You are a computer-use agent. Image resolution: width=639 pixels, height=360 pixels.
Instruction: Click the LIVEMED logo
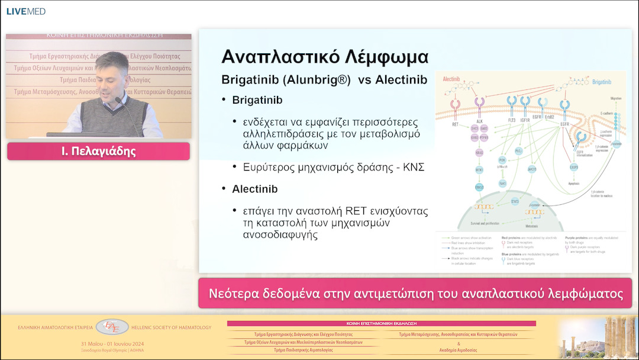coord(26,11)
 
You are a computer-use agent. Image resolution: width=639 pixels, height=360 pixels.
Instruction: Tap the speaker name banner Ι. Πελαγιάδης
coord(98,151)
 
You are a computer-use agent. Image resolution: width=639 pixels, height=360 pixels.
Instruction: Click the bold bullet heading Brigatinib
coord(257,101)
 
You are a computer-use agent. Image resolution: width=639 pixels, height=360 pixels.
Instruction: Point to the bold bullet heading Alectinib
coord(254,189)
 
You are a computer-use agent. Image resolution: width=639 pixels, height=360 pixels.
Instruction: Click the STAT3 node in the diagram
coord(516,202)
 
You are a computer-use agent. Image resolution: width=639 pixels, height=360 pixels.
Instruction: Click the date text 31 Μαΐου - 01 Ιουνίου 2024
coord(113,343)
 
